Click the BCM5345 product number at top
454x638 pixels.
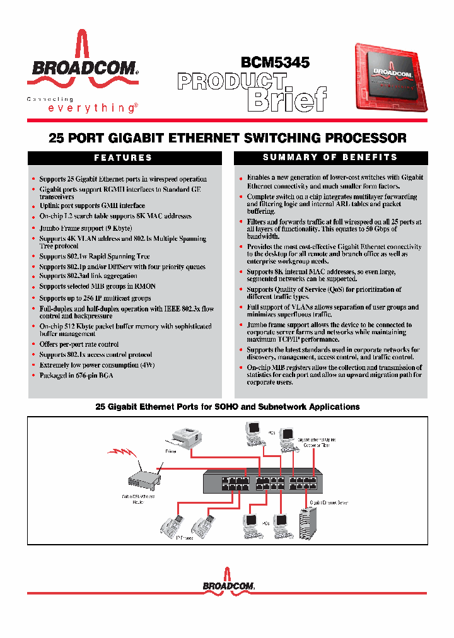click(x=275, y=62)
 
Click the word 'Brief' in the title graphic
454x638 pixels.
click(x=287, y=99)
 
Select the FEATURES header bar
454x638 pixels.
click(x=124, y=158)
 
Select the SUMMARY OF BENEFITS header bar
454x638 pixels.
click(x=330, y=157)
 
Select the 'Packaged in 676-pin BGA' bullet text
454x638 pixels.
click(x=76, y=375)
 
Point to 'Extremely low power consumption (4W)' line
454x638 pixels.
click(x=97, y=365)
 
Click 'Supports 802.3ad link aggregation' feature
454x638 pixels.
click(x=88, y=275)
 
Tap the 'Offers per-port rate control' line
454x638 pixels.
click(x=79, y=344)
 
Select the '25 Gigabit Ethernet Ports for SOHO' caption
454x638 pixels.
click(x=227, y=407)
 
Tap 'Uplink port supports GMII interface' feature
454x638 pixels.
click(x=92, y=206)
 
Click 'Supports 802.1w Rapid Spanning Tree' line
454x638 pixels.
click(x=95, y=257)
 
